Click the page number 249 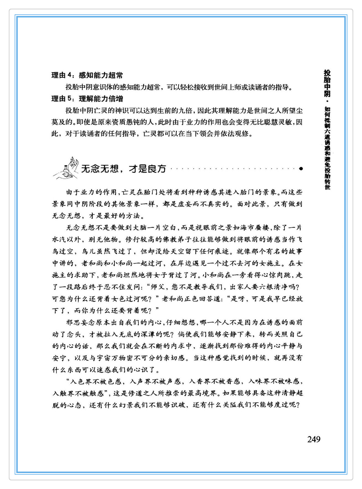pyautogui.click(x=314, y=439)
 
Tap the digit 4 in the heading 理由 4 pyautogui.click(x=69, y=75)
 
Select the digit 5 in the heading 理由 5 pyautogui.click(x=69, y=99)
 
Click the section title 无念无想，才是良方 pyautogui.click(x=123, y=168)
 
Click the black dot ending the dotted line pyautogui.click(x=301, y=168)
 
